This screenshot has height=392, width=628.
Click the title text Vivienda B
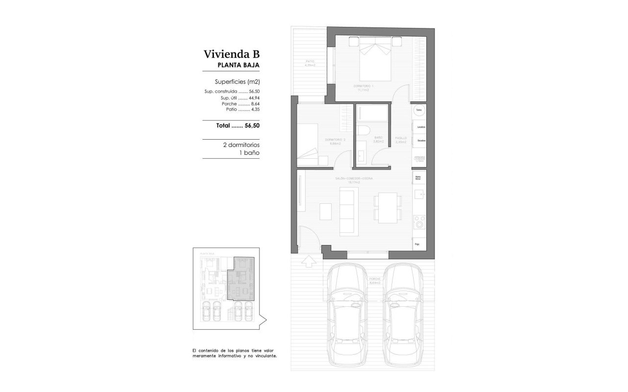[x=231, y=54]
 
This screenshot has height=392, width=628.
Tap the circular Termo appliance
[x=419, y=110]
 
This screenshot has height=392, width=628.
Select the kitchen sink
[x=419, y=196]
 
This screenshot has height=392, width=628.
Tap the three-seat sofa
[x=349, y=211]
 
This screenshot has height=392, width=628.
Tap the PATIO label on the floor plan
[x=309, y=61]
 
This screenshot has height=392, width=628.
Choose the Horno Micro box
[x=419, y=177]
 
